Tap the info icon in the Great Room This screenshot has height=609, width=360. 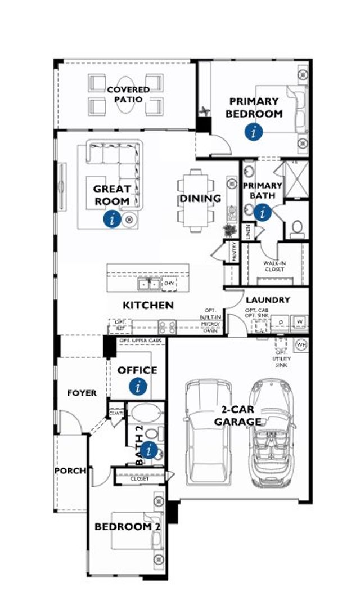point(112,220)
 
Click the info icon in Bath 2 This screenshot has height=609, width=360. point(149,450)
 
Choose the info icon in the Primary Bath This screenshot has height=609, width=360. point(262,212)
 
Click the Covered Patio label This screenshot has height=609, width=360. point(128,95)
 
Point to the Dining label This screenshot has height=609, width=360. point(200,199)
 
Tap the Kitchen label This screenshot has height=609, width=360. point(148,305)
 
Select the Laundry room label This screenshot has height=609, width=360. point(268,300)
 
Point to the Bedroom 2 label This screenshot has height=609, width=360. point(123,527)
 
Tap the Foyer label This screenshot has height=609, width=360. point(82,393)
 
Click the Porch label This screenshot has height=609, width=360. point(70,470)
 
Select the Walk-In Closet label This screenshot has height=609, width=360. point(274,266)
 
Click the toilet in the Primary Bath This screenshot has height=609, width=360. point(296,228)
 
